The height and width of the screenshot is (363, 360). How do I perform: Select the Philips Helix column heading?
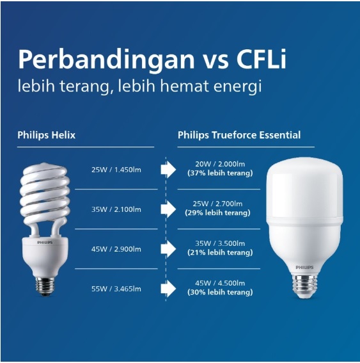[x=46, y=135]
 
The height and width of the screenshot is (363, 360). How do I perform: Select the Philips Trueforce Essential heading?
[x=239, y=135]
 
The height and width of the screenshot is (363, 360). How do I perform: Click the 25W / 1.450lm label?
[x=116, y=170]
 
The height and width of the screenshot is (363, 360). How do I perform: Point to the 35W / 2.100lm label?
[x=116, y=209]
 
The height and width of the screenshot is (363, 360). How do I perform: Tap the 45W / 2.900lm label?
[x=116, y=249]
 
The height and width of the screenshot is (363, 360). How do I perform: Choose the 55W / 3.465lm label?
[x=116, y=289]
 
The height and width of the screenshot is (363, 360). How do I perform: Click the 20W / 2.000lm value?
[x=219, y=165]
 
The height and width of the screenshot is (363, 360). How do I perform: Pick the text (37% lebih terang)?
[x=219, y=173]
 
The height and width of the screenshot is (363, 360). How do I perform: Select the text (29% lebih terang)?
[x=219, y=213]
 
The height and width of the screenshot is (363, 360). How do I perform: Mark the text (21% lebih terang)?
[x=219, y=253]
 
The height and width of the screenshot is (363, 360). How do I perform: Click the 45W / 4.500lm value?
[x=219, y=284]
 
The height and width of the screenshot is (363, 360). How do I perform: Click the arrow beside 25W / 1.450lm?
[x=168, y=170]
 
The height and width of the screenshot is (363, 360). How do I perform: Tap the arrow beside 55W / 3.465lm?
[x=168, y=289]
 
